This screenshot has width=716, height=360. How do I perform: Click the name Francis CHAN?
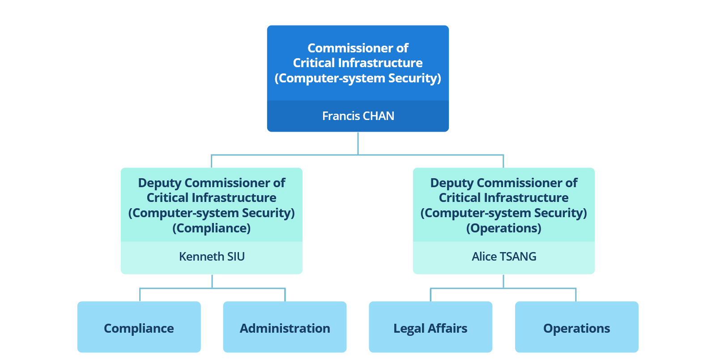click(x=358, y=116)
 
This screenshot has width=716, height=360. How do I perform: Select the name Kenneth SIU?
click(x=212, y=257)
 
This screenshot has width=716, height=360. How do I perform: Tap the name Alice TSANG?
click(x=504, y=257)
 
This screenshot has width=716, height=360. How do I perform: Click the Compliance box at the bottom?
click(x=139, y=327)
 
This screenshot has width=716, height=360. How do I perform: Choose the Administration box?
click(x=285, y=327)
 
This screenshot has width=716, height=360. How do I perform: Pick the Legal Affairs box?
click(x=430, y=327)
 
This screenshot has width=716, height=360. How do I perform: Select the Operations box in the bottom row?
click(x=576, y=327)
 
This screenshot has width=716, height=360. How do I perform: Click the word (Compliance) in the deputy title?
click(x=212, y=228)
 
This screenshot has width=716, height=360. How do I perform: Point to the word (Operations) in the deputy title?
click(x=504, y=228)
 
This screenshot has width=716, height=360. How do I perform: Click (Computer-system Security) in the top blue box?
click(x=358, y=78)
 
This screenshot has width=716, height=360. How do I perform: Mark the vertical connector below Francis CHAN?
click(x=358, y=143)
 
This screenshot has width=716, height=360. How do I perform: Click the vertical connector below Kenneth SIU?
click(x=212, y=281)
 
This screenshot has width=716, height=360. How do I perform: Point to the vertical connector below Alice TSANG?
click(x=503, y=281)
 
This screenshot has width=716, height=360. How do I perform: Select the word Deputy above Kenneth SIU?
click(x=159, y=183)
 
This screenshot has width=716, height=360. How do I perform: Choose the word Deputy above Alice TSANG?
click(x=452, y=183)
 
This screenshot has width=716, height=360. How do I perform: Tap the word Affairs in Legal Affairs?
click(x=447, y=328)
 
